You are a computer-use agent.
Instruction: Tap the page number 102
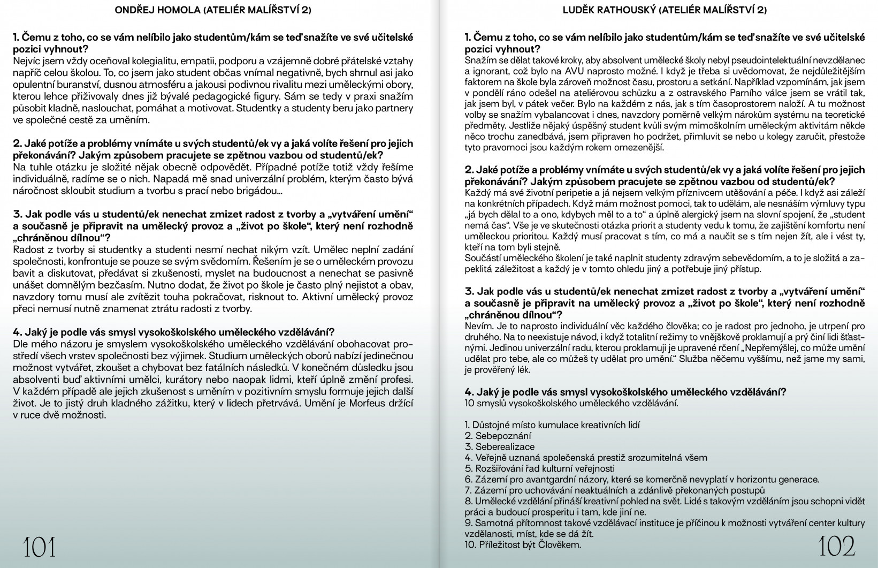point(838,546)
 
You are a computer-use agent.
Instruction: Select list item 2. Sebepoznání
point(498,436)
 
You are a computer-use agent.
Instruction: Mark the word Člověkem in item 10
point(562,545)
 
